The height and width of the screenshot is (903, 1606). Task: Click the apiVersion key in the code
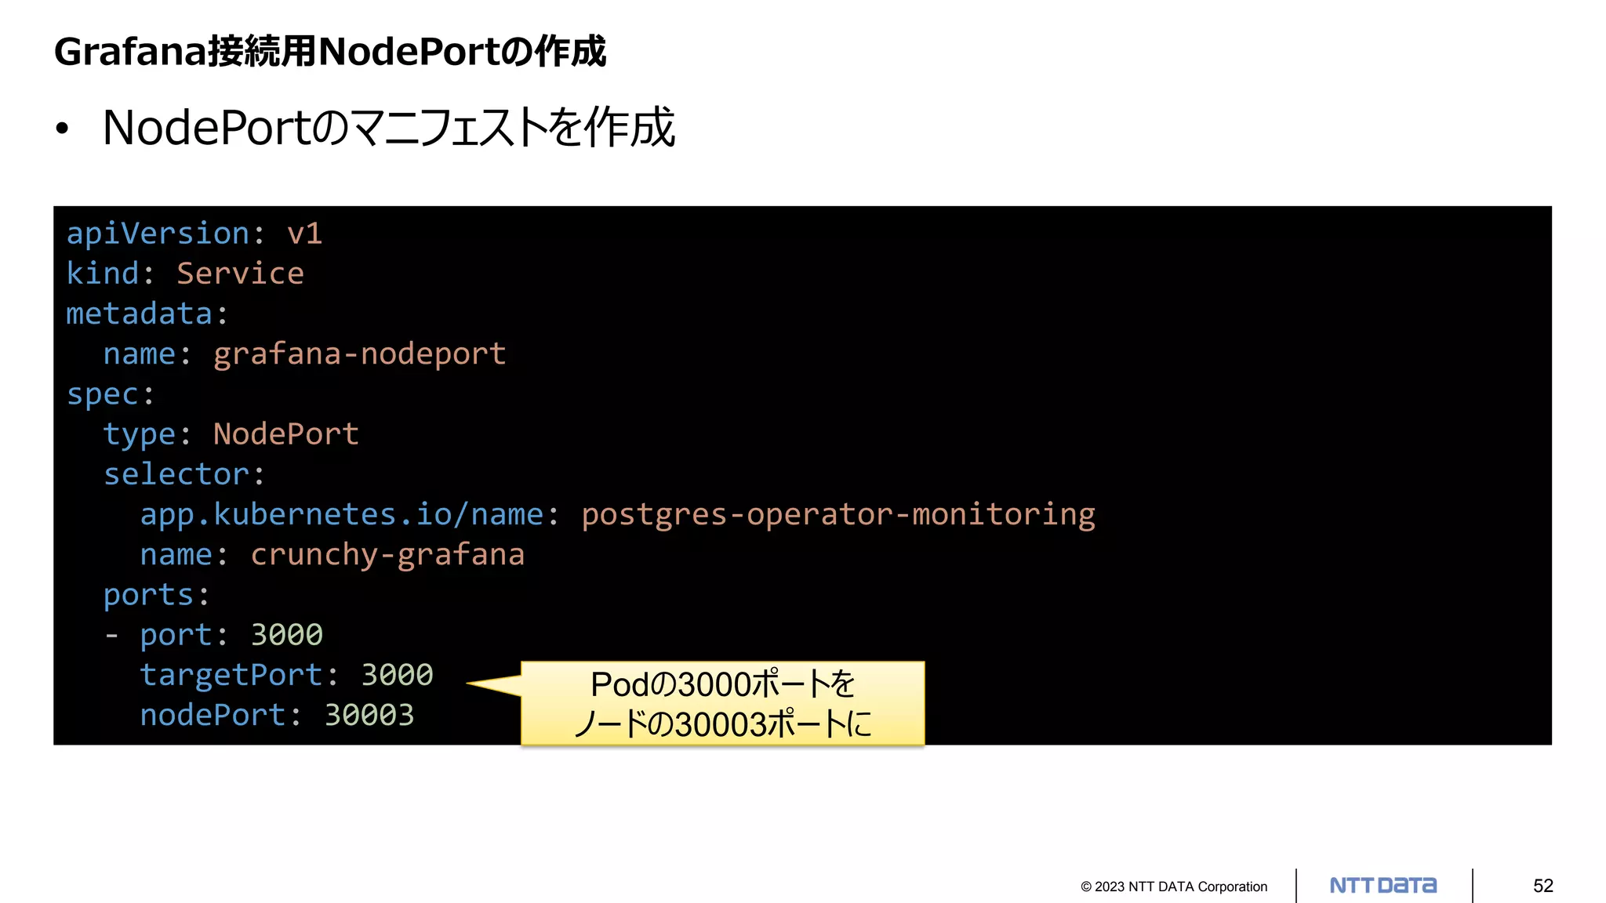point(157,234)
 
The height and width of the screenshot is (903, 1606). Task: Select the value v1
point(304,234)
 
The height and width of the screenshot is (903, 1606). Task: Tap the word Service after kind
point(240,274)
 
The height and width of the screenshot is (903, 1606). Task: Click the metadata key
point(139,314)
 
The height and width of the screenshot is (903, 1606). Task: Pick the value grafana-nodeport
point(359,354)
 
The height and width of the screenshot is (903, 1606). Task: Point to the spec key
point(102,394)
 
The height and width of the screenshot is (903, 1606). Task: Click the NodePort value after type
point(285,434)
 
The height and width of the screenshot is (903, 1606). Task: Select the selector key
point(176,474)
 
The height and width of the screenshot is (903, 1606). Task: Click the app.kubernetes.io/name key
point(341,514)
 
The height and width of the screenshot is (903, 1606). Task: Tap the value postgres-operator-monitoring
point(838,514)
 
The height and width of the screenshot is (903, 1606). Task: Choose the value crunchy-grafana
point(387,555)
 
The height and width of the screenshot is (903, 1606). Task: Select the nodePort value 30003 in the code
point(369,715)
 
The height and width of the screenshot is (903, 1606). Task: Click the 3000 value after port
point(286,635)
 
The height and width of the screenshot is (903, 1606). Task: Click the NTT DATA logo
point(1383,886)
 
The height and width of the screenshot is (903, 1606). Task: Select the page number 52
point(1542,886)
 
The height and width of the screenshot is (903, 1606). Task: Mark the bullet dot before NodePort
point(63,129)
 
